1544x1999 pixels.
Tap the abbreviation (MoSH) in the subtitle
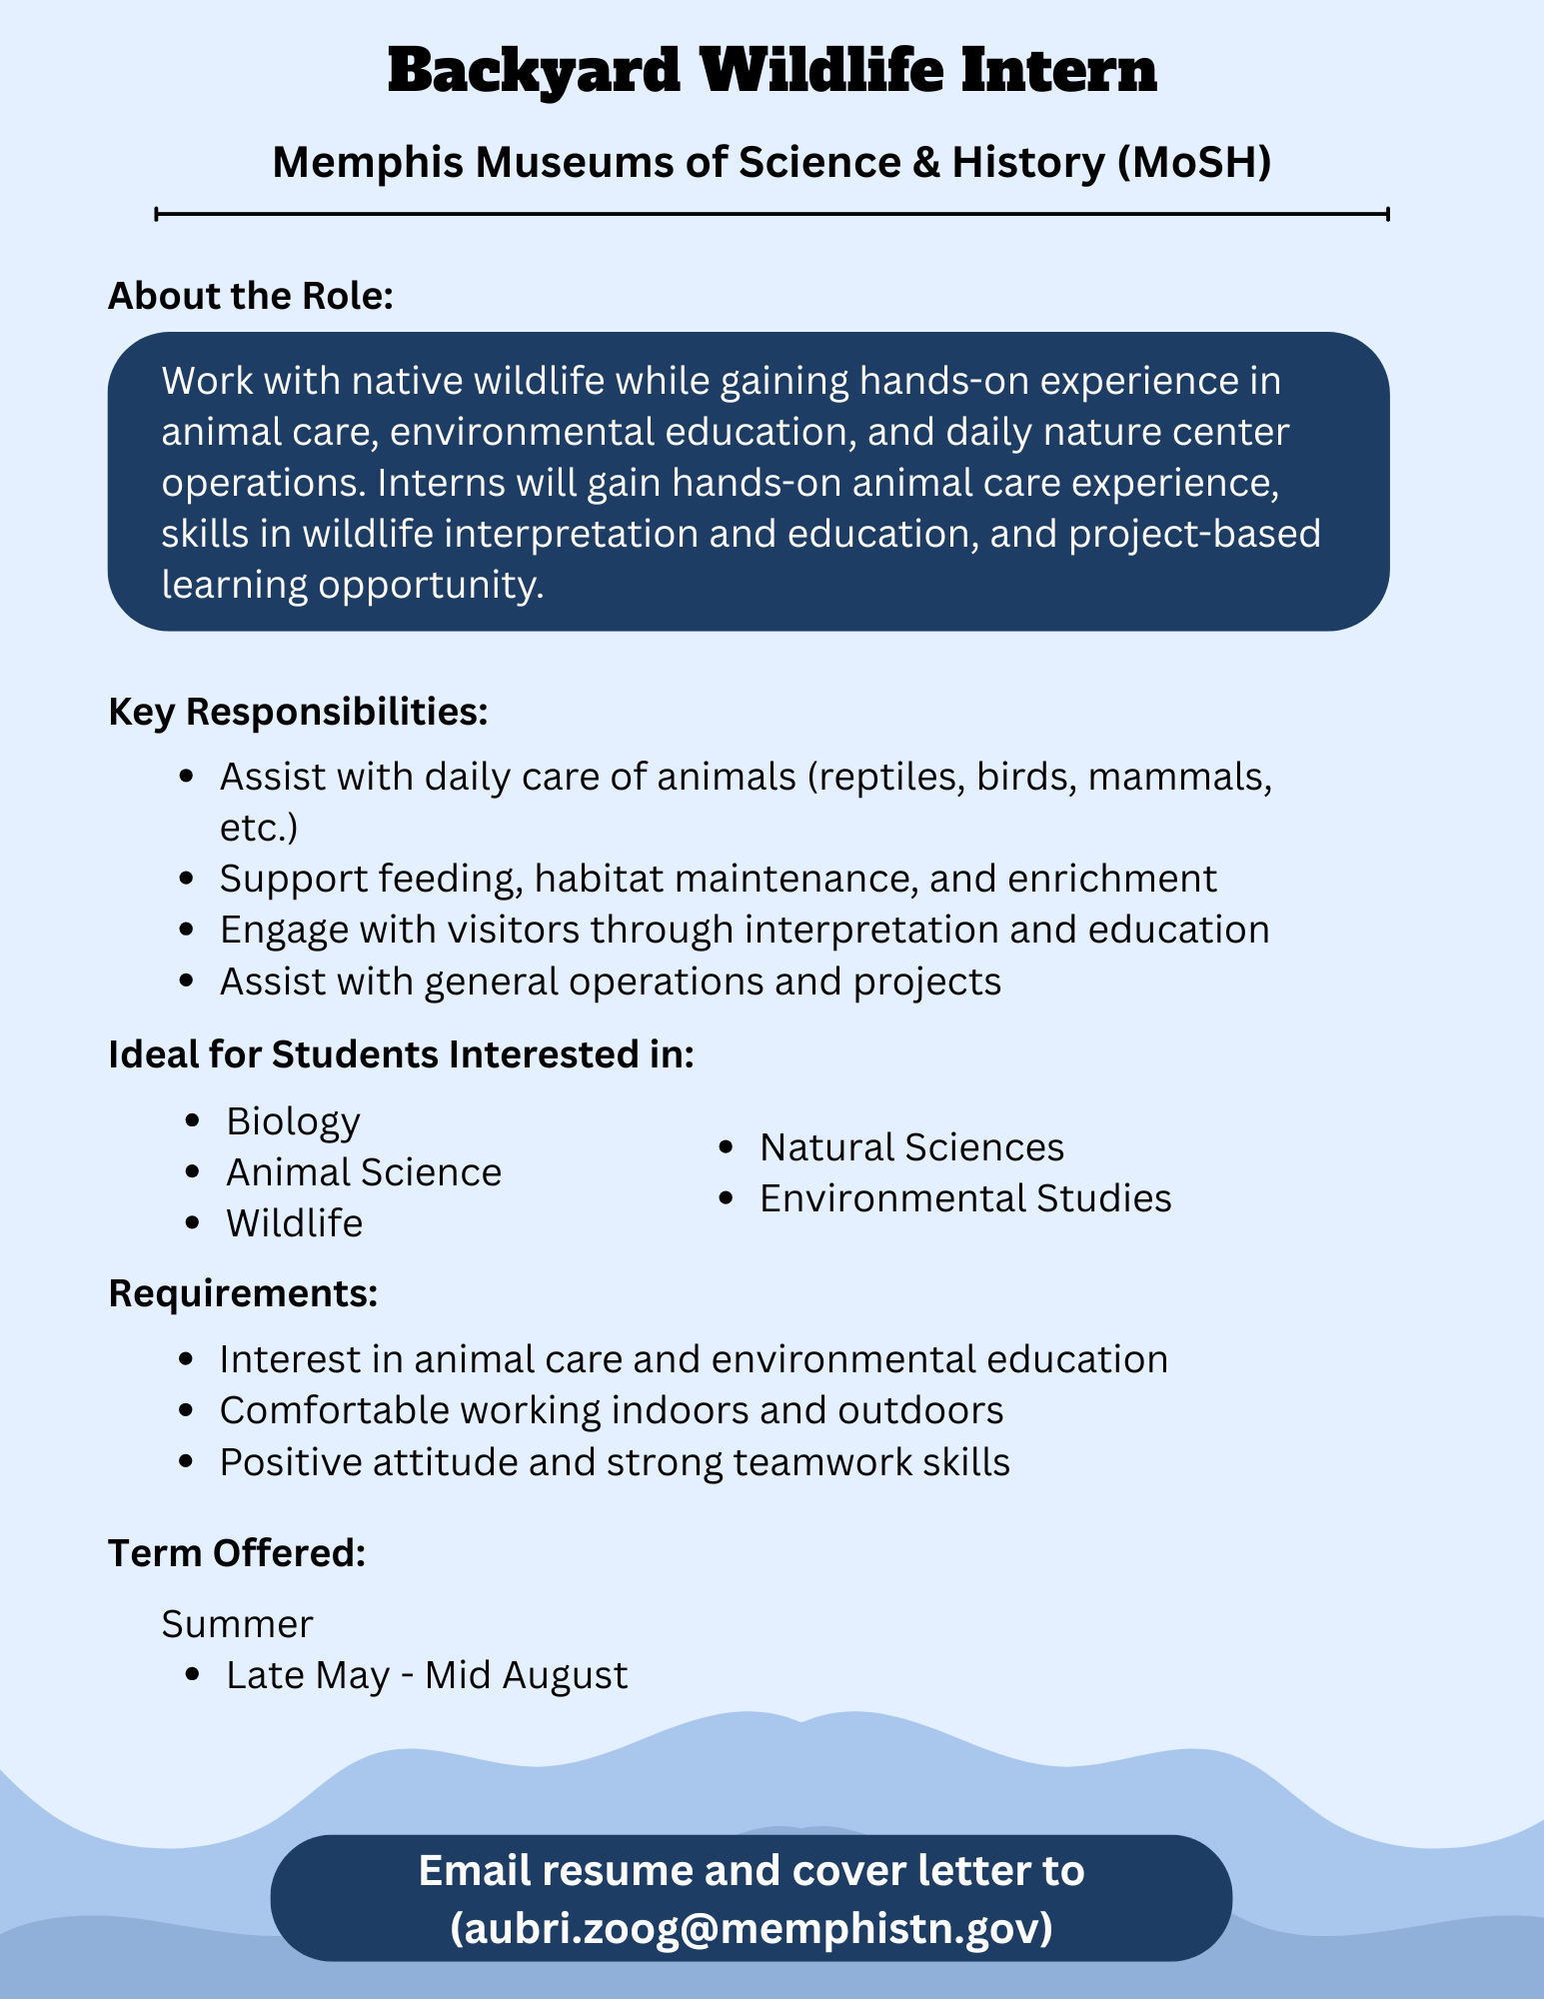tap(1195, 162)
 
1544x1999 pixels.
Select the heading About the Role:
tap(251, 296)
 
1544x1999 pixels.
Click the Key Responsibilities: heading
tap(298, 712)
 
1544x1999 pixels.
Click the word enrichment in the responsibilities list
tap(1112, 879)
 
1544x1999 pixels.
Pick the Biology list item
tap(293, 1121)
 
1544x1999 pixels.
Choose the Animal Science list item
tap(364, 1172)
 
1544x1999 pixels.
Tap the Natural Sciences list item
tap(911, 1147)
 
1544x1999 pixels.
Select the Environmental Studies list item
tap(965, 1198)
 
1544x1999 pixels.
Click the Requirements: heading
tap(243, 1293)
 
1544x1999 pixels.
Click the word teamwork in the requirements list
tap(817, 1462)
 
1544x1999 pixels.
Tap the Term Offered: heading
tap(237, 1553)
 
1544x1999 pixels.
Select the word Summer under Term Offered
tap(237, 1624)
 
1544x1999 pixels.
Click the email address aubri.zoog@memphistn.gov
tap(752, 1927)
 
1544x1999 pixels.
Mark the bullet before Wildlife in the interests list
tap(194, 1223)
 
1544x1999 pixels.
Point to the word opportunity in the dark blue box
tap(430, 585)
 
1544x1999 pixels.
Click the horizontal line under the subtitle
tap(772, 213)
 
